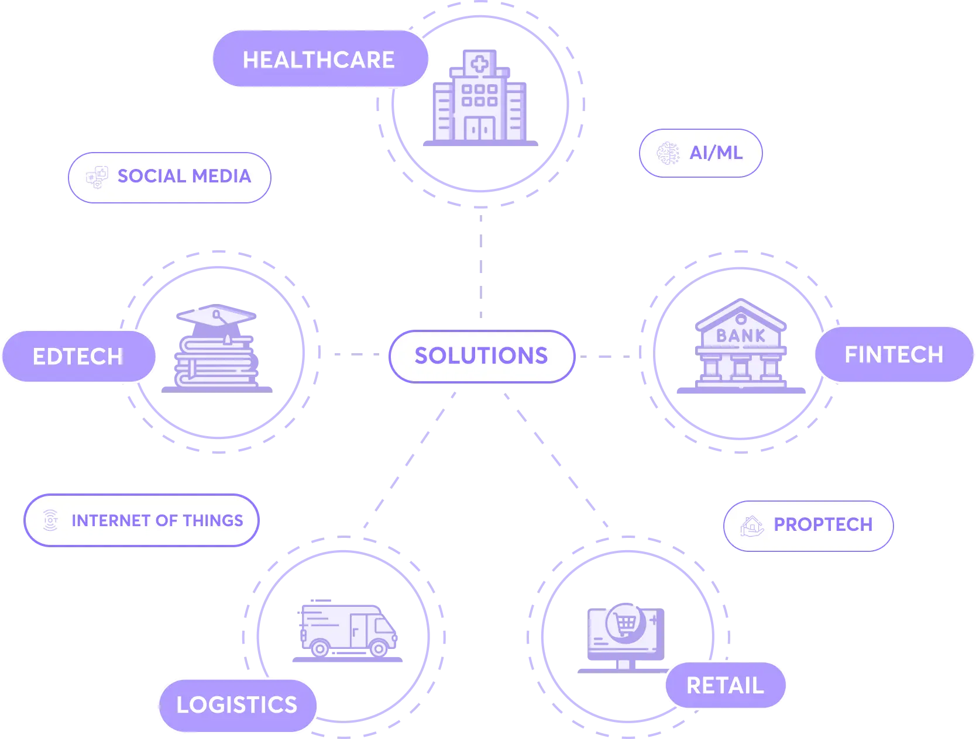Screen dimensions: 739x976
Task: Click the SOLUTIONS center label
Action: coord(482,356)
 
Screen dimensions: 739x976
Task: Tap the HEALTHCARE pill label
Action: coord(319,60)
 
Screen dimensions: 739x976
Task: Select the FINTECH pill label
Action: coord(893,354)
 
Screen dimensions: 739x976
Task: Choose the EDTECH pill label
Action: coord(78,356)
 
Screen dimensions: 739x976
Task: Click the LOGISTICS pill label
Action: coord(237,705)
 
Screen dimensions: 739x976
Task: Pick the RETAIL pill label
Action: coord(725,685)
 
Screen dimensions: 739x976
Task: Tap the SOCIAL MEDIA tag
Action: coord(169,177)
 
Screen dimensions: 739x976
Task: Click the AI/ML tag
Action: coord(701,153)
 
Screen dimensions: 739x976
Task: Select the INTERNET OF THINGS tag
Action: coord(141,520)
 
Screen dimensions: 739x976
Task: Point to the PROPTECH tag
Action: coord(808,525)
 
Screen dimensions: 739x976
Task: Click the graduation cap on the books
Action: coord(215,317)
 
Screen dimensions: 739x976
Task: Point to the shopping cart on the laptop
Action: coord(625,622)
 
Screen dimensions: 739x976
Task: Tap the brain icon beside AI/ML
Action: coord(667,153)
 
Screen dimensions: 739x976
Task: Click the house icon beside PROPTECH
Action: coord(752,526)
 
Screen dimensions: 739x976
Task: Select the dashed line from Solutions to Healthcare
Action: coord(480,266)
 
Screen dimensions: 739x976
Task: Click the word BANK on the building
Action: coord(741,336)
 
